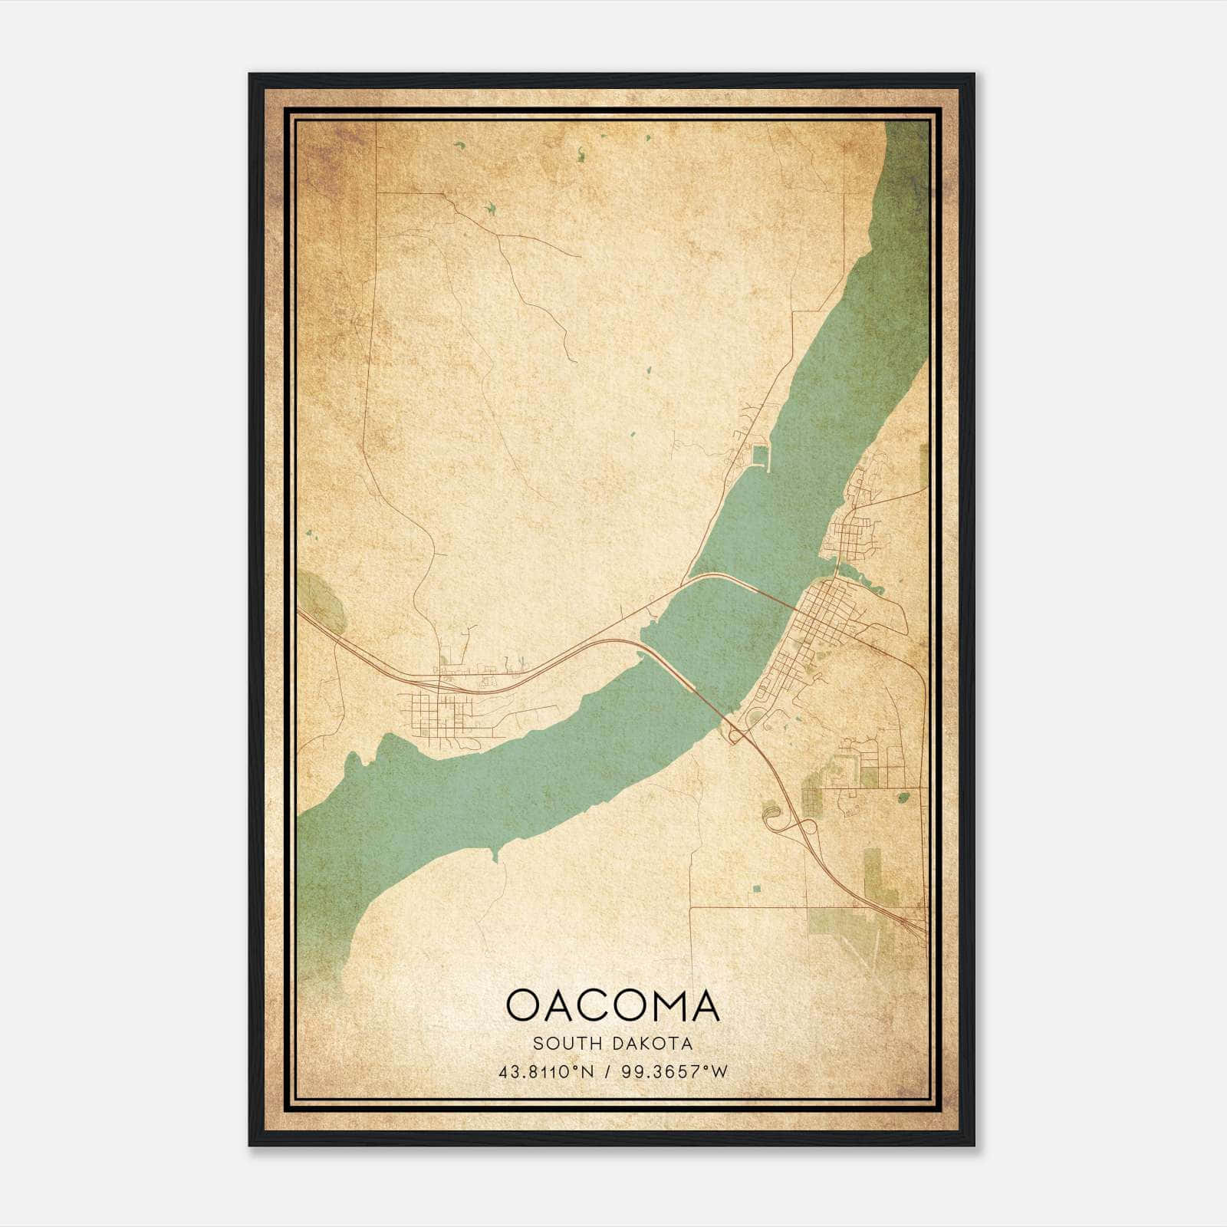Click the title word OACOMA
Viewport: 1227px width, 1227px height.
click(613, 1005)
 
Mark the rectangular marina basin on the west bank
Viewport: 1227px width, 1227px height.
click(759, 458)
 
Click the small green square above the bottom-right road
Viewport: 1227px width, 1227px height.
click(757, 890)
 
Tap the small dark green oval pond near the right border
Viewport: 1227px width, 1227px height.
click(903, 798)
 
